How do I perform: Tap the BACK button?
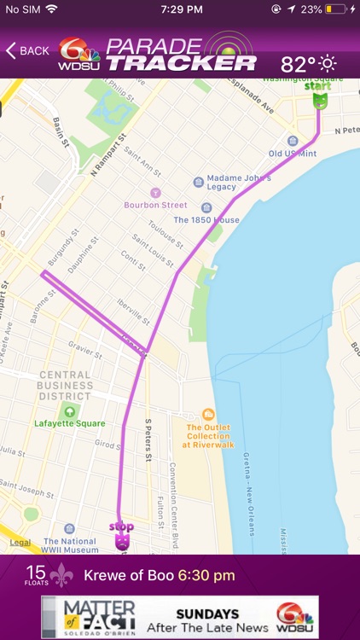tap(27, 51)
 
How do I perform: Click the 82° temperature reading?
tap(298, 64)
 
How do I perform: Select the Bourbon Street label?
tap(155, 205)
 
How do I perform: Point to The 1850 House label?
tap(206, 219)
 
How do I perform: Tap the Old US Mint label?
tap(293, 153)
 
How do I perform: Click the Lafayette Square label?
tap(70, 423)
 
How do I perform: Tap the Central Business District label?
tap(53, 386)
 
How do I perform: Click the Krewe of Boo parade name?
tap(128, 576)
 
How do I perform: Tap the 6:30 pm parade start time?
tap(206, 576)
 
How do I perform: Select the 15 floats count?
tap(35, 575)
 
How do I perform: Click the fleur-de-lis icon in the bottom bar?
tap(61, 576)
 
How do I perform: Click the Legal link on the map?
tap(20, 543)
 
